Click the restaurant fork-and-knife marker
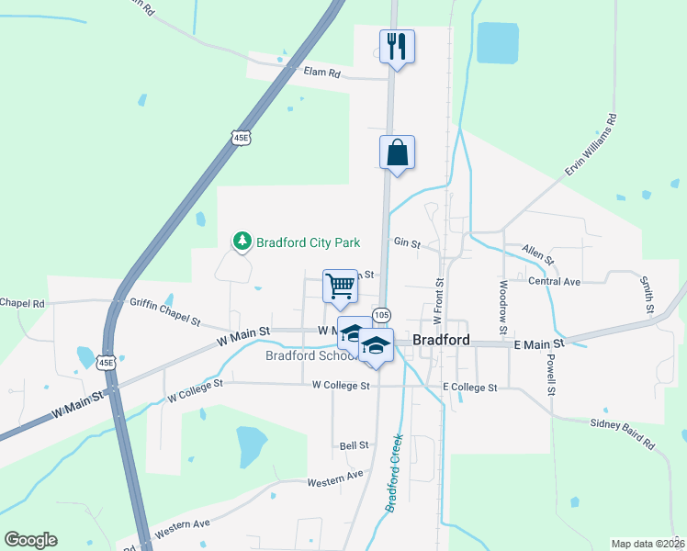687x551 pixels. click(397, 47)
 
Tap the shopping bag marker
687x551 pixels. click(397, 152)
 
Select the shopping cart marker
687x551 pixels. click(340, 286)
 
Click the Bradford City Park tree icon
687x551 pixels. click(242, 242)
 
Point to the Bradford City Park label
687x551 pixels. click(308, 242)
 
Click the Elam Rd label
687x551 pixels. click(322, 72)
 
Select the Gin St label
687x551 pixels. click(407, 243)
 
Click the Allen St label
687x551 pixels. click(537, 254)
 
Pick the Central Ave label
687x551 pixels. click(555, 281)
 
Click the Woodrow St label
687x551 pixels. click(503, 301)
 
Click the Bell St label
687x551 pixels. click(354, 445)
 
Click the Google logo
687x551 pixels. click(30, 540)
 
